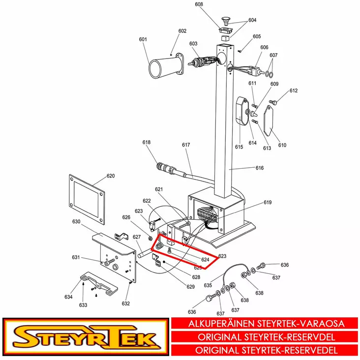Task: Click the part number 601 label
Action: click(143, 39)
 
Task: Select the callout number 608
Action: click(199, 4)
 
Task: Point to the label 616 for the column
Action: click(260, 168)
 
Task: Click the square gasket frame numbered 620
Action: click(87, 200)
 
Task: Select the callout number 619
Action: click(268, 202)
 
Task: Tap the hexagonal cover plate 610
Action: click(268, 120)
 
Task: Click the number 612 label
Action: click(294, 90)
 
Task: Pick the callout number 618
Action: click(147, 142)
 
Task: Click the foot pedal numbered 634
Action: click(99, 283)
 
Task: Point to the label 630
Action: click(76, 221)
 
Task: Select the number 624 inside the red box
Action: click(205, 260)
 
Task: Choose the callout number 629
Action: click(190, 287)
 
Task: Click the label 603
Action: click(193, 44)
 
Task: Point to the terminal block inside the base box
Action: click(208, 215)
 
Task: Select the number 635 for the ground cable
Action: click(208, 285)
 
